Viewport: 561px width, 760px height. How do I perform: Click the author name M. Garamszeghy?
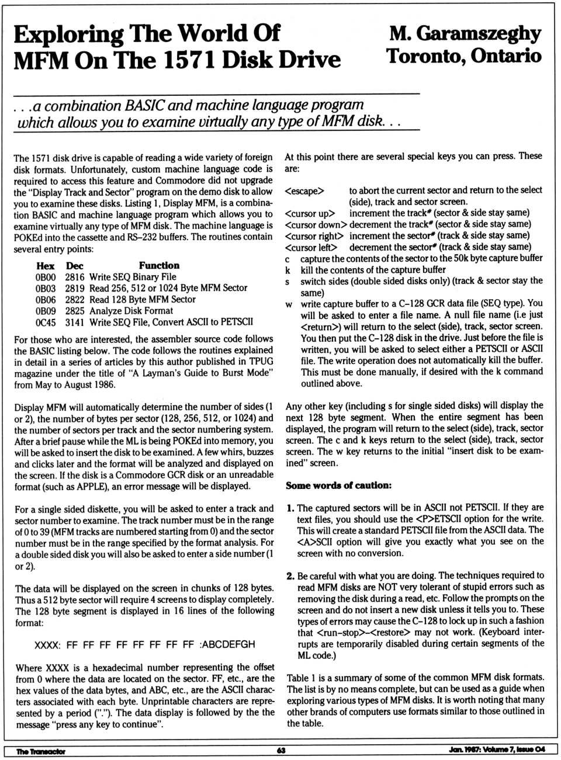[x=465, y=33]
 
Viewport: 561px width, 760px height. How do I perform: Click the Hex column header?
[x=45, y=266]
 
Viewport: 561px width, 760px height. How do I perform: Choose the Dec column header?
[x=74, y=266]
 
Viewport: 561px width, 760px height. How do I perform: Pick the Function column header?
[x=159, y=265]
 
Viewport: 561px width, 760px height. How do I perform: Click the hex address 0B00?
[x=46, y=277]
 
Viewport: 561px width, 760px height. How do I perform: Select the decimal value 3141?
[x=75, y=322]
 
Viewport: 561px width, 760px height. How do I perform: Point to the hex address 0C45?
[x=46, y=322]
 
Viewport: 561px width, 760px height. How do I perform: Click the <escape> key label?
[x=304, y=191]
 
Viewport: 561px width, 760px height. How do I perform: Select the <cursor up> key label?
[x=310, y=214]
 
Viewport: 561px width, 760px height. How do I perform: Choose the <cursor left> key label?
[x=311, y=247]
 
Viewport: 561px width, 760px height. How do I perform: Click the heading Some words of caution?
[x=338, y=485]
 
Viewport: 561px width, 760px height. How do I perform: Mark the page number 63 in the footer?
[x=281, y=751]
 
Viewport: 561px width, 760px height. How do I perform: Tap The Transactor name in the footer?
[x=41, y=751]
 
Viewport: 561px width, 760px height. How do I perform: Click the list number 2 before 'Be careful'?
[x=290, y=576]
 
